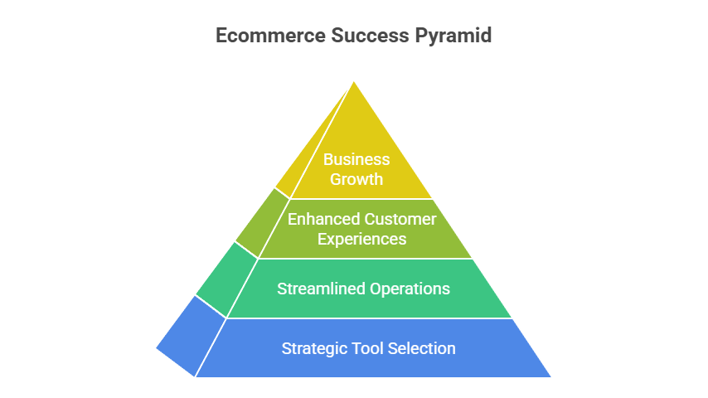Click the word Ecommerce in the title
(x=270, y=35)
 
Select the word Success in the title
(x=370, y=35)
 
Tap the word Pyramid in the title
(x=453, y=36)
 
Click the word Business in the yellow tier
(x=356, y=159)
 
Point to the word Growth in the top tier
(x=356, y=179)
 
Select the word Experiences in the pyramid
(x=361, y=240)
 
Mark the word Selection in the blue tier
(x=421, y=348)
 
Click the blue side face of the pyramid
(x=192, y=336)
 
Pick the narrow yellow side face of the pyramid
(x=313, y=143)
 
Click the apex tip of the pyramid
(x=353, y=82)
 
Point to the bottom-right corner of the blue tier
(x=550, y=376)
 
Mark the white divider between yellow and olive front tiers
(x=361, y=199)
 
